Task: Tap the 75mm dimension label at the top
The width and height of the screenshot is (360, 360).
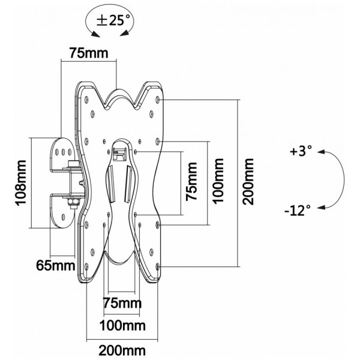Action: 89,53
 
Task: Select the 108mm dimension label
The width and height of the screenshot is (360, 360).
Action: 20,182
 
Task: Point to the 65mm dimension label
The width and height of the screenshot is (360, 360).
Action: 56,266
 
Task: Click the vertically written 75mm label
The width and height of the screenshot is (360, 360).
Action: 191,181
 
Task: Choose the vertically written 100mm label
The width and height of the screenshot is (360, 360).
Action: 218,181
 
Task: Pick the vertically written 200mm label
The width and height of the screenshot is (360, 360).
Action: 248,181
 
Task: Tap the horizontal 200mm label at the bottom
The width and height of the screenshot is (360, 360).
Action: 122,350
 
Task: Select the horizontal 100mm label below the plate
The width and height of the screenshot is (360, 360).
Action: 122,326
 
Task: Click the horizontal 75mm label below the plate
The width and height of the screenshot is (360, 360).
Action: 122,303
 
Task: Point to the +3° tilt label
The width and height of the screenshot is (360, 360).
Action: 301,151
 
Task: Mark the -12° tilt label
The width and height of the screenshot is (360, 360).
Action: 298,210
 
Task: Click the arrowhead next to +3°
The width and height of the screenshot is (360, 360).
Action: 321,152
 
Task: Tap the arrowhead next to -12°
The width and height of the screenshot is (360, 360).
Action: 321,208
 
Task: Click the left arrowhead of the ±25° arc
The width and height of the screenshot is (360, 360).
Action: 95,34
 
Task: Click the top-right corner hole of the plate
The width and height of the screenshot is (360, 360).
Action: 158,100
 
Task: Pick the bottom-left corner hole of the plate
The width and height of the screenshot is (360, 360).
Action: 86,267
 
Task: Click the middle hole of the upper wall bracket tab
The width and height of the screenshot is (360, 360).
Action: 63,152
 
